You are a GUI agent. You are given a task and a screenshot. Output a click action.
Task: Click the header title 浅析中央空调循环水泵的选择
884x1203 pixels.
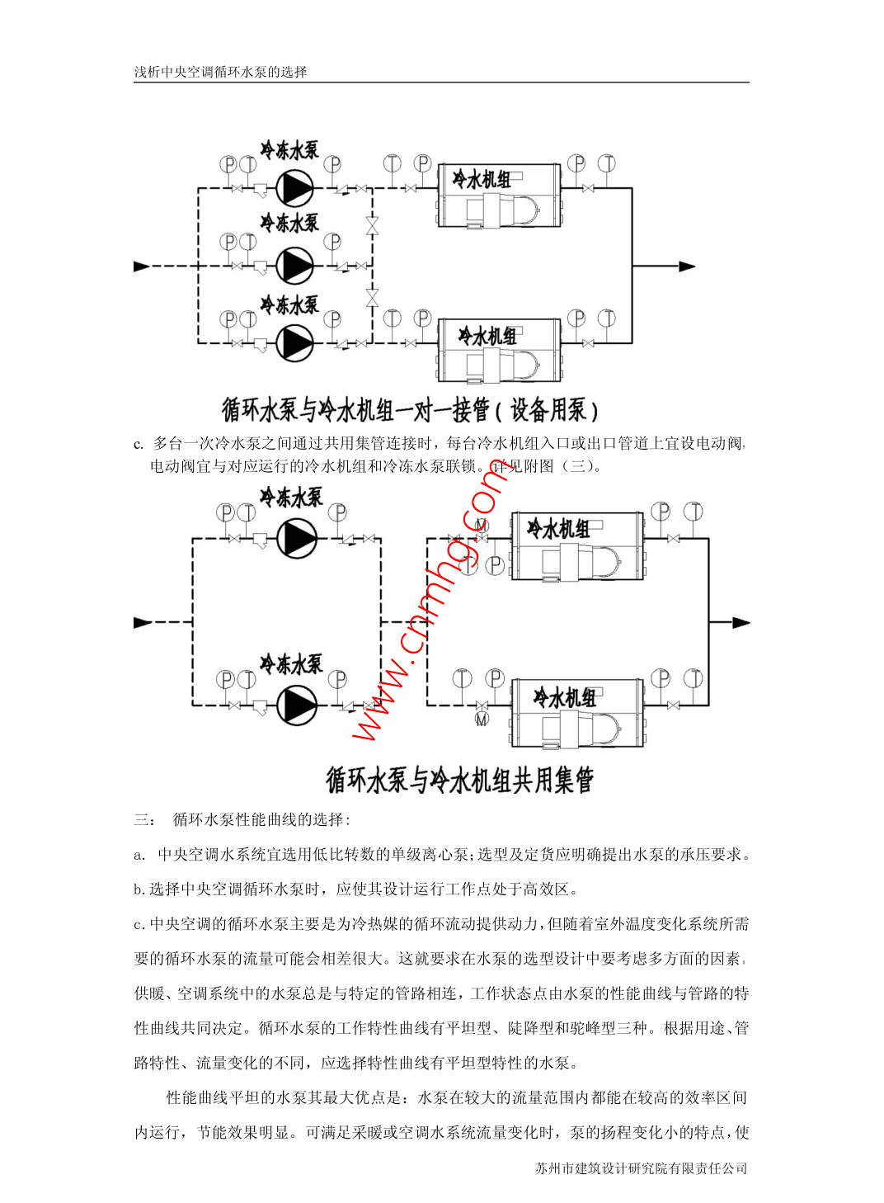click(x=220, y=72)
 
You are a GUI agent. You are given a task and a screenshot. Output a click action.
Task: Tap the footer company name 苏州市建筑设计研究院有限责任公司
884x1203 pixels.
click(x=641, y=1168)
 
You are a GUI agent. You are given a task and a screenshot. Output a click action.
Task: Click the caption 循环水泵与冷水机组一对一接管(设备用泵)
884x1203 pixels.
click(x=410, y=408)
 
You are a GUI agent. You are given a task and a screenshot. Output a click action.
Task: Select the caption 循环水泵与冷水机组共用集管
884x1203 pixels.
click(x=459, y=779)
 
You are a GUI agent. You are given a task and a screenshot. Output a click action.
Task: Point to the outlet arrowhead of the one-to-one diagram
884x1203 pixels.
click(x=687, y=267)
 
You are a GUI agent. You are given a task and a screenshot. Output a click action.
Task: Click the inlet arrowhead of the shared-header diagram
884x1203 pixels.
click(x=143, y=622)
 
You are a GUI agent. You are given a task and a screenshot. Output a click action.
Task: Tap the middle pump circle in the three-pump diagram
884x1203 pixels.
click(x=294, y=265)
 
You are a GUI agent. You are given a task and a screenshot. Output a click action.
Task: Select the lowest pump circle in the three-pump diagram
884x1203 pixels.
click(x=294, y=342)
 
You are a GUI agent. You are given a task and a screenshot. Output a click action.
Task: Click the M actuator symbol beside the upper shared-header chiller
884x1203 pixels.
click(x=482, y=525)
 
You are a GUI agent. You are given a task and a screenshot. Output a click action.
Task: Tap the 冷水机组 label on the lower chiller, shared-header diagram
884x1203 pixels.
click(x=565, y=698)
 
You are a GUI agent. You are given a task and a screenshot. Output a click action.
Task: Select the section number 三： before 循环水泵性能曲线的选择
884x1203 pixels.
click(x=143, y=819)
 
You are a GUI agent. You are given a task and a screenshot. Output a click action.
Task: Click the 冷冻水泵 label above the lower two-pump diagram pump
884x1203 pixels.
click(x=290, y=664)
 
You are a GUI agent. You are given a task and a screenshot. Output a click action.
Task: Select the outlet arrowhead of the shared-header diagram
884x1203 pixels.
click(x=741, y=623)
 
